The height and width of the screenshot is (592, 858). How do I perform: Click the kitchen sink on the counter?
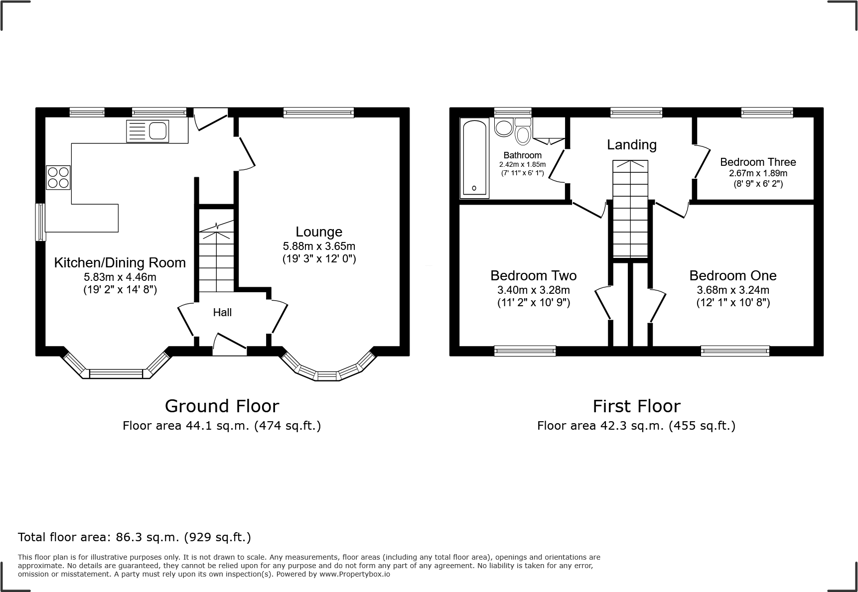[147, 131]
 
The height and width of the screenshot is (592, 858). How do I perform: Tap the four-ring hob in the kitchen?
[58, 177]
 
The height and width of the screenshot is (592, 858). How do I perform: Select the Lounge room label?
[319, 232]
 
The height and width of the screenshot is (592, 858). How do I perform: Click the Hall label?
[222, 313]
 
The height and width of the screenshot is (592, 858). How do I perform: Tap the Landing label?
[632, 145]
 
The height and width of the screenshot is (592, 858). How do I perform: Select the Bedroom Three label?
[758, 162]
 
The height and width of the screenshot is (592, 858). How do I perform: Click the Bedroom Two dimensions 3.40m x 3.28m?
[534, 290]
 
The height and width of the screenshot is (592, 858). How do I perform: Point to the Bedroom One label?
[733, 275]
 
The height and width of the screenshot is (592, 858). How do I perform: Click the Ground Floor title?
[222, 406]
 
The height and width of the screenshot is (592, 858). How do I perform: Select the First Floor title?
[636, 406]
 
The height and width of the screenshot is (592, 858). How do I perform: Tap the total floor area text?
[135, 537]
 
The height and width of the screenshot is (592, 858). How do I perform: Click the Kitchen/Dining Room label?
[120, 262]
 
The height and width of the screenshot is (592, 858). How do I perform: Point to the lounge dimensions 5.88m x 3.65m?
[319, 246]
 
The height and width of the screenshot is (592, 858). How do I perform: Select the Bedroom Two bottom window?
[525, 351]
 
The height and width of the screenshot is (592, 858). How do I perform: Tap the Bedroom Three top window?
[767, 113]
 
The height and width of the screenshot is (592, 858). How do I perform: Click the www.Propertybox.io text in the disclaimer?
[354, 574]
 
